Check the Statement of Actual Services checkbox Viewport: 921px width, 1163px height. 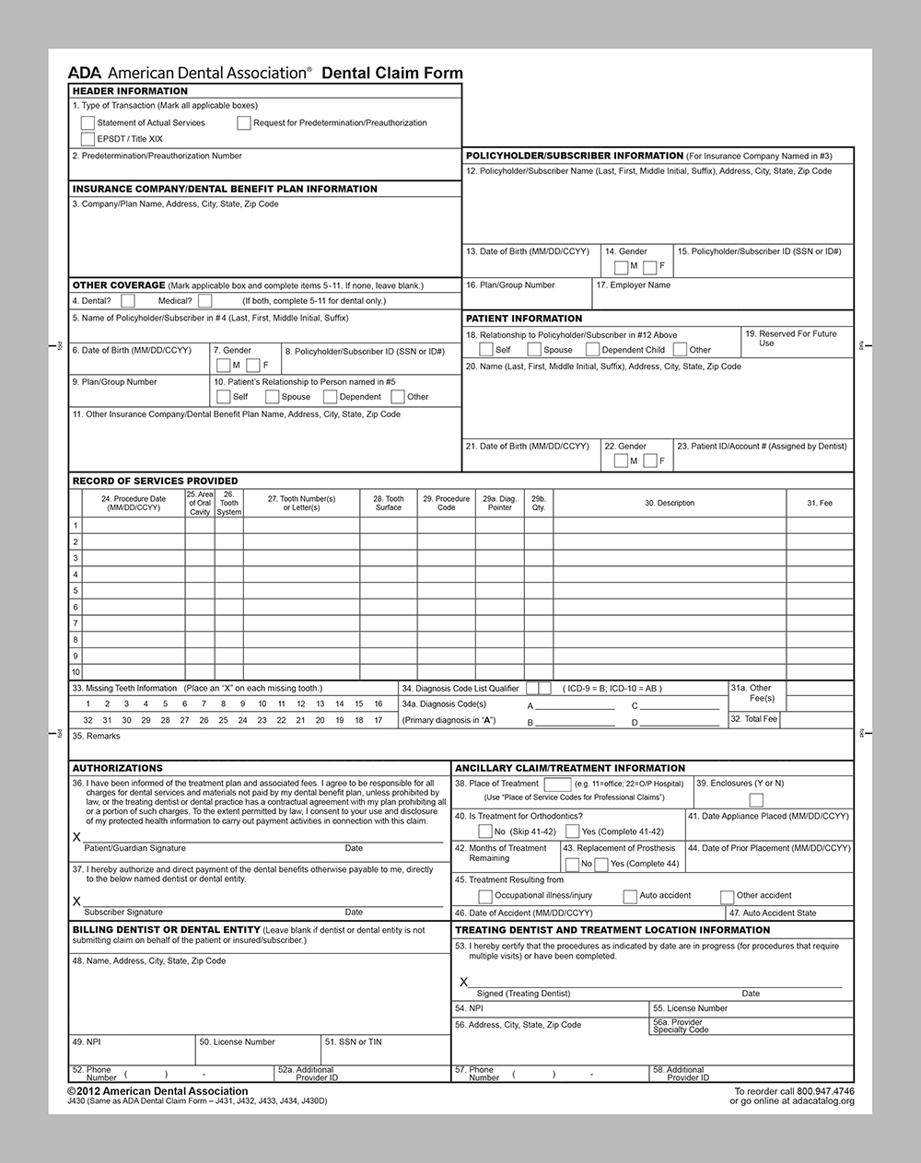coord(87,122)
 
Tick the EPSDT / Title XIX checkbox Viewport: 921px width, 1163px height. coord(87,139)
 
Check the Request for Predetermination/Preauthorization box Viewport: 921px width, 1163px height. coord(244,122)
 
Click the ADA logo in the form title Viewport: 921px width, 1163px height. coord(85,73)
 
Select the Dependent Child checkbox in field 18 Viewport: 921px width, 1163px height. coord(593,350)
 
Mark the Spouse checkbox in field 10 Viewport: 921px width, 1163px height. coord(272,397)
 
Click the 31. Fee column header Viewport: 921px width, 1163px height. coord(819,503)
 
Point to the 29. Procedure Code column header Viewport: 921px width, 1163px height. coord(446,503)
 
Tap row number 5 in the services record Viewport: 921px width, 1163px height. coord(76,590)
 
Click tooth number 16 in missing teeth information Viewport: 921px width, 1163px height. coord(378,704)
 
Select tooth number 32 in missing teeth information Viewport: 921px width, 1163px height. coord(87,721)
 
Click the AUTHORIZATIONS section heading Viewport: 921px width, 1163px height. coord(117,768)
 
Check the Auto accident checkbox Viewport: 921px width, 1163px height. coord(630,896)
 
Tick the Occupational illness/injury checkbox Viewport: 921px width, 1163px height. coord(485,896)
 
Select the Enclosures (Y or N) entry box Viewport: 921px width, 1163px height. coord(756,799)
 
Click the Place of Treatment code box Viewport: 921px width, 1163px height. coord(557,785)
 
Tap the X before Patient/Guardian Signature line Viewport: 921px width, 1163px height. coord(76,837)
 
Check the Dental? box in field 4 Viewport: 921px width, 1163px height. coord(128,301)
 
